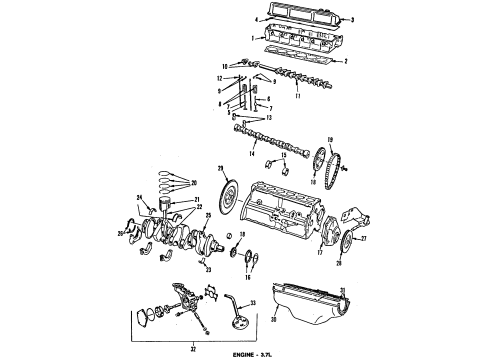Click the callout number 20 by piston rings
[x=193, y=183]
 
